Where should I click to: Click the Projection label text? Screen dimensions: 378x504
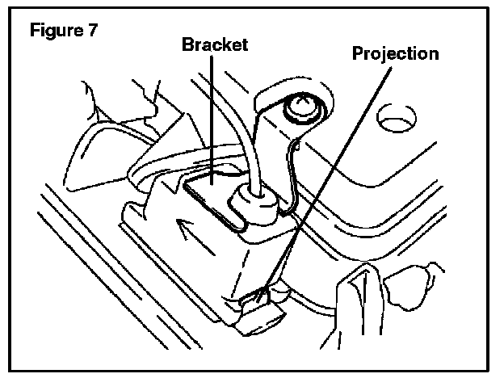[x=395, y=54]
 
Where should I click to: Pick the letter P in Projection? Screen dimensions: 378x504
[x=356, y=54]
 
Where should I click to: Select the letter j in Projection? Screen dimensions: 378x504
[x=383, y=55]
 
